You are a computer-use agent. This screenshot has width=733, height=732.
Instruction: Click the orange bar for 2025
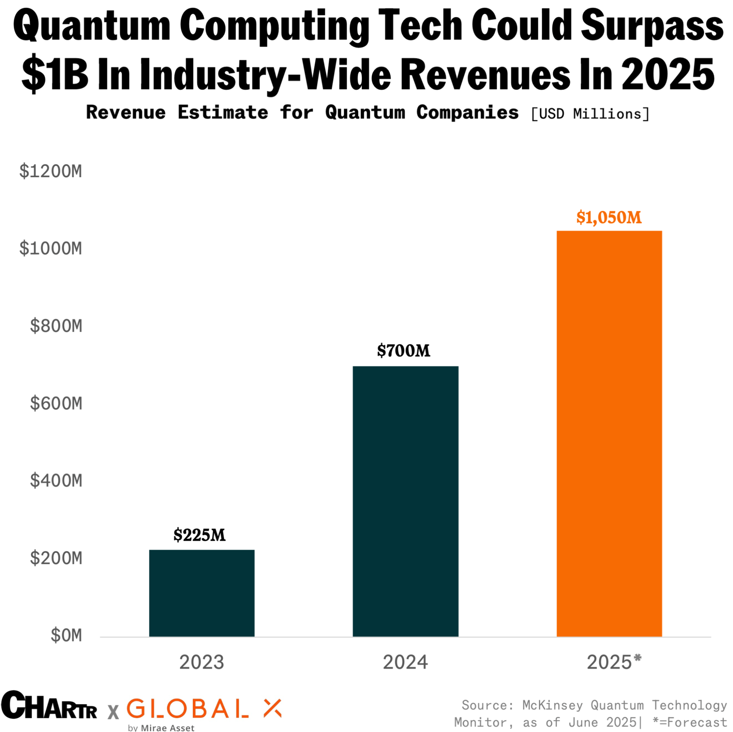pos(609,433)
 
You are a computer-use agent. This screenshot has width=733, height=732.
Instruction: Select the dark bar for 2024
pos(405,501)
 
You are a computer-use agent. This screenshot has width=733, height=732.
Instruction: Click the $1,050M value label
pos(609,217)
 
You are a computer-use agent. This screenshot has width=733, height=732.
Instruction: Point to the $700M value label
pos(404,351)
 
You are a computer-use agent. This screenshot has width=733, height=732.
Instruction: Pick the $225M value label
pos(200,535)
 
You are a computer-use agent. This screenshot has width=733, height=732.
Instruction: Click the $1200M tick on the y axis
pos(51,171)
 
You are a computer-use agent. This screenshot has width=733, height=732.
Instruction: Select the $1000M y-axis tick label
pos(51,248)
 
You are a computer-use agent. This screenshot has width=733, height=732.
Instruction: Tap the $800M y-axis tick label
pos(56,326)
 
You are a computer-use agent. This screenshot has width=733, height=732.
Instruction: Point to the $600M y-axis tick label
pos(56,403)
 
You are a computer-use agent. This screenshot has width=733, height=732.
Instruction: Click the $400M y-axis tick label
pos(56,480)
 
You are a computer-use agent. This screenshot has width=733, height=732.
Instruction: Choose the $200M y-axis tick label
pos(56,558)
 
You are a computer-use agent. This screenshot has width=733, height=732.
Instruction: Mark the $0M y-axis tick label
pos(66,635)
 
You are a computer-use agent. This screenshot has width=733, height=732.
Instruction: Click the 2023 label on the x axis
pos(202,662)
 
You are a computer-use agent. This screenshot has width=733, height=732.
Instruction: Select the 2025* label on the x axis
pos(614,662)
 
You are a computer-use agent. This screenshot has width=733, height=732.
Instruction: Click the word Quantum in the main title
pos(92,26)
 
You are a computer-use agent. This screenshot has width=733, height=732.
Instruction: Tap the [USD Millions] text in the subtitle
pos(590,114)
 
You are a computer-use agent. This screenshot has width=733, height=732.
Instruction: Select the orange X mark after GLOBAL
pos(273,708)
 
